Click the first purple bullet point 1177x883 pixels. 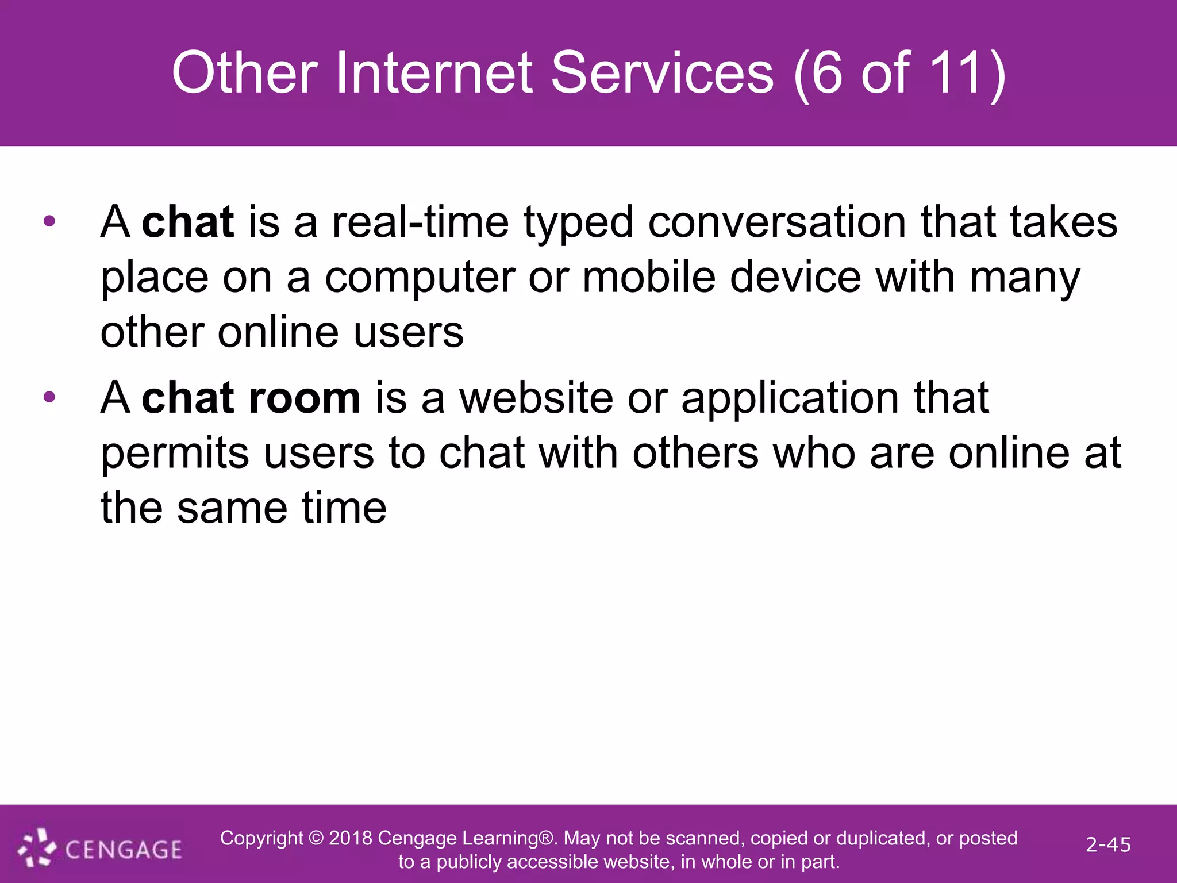coord(49,221)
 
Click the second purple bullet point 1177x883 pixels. coord(49,397)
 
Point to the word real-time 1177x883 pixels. coord(420,222)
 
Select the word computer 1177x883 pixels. coord(420,278)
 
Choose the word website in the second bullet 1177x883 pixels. coord(536,397)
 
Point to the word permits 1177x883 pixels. coord(175,453)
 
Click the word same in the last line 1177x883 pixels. coord(232,508)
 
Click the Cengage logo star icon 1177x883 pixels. coord(37,847)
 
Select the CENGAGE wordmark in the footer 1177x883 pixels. coord(124,850)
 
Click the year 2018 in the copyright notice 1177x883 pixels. coord(350,838)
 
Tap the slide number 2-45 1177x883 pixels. coord(1108,844)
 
